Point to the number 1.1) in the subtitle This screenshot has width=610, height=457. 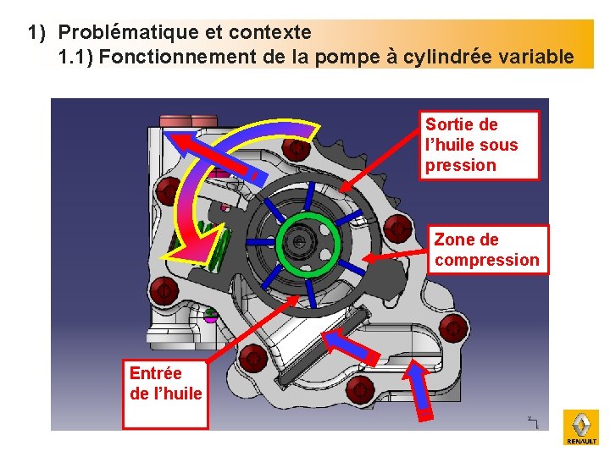point(74,58)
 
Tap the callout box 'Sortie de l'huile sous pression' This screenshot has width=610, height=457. point(480,145)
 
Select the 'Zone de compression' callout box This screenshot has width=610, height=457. point(487,250)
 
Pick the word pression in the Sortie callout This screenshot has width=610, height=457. point(460,165)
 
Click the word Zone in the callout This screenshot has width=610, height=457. point(453,240)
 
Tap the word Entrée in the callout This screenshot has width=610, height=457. point(155,373)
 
